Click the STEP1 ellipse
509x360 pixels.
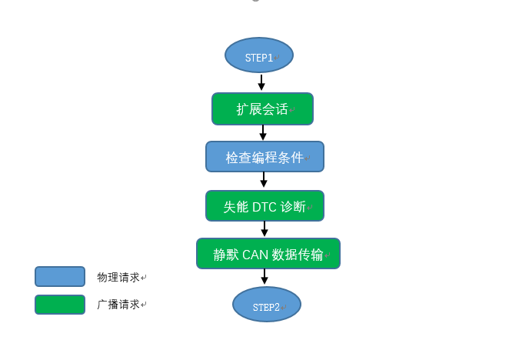pyautogui.click(x=259, y=56)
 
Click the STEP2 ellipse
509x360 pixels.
pyautogui.click(x=267, y=305)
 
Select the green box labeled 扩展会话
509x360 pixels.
pyautogui.click(x=262, y=109)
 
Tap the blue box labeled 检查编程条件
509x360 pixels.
pyautogui.click(x=264, y=157)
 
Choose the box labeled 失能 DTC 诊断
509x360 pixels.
pyautogui.click(x=264, y=206)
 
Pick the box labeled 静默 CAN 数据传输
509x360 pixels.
pyautogui.click(x=268, y=254)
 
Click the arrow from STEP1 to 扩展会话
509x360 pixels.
pyautogui.click(x=261, y=83)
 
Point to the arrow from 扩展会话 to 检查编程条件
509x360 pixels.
pyautogui.click(x=263, y=133)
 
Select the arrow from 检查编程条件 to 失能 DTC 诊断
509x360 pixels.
pyautogui.click(x=264, y=181)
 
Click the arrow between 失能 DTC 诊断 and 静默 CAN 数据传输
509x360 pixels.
pyautogui.click(x=264, y=229)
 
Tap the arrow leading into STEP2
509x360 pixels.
pyautogui.click(x=264, y=278)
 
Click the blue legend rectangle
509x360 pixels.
pyautogui.click(x=60, y=277)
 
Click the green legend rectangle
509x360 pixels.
pyautogui.click(x=60, y=305)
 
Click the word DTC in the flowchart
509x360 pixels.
pyautogui.click(x=264, y=206)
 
